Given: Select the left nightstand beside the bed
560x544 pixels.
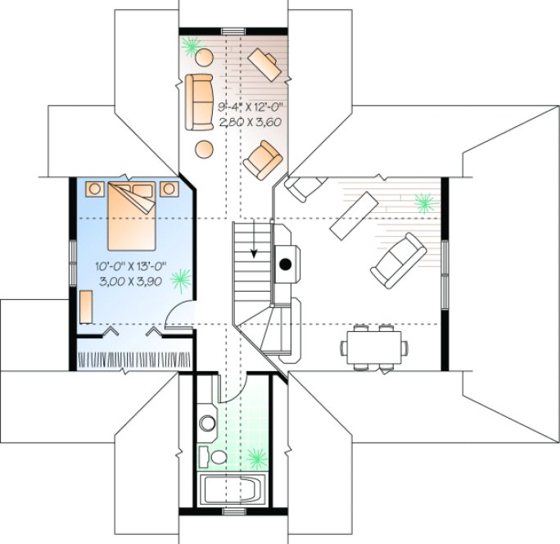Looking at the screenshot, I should [x=94, y=188].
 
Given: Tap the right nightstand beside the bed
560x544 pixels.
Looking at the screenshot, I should [x=170, y=188].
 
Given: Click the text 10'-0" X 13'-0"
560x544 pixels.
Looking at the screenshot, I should [x=131, y=265].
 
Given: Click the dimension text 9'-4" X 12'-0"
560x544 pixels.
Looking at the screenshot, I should [x=250, y=108].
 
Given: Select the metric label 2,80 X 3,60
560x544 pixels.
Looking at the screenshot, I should [x=250, y=122].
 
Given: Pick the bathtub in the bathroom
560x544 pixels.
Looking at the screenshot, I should [x=233, y=491].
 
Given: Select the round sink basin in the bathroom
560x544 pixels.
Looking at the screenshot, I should [x=208, y=424].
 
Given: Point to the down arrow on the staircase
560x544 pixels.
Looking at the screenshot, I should [x=255, y=252].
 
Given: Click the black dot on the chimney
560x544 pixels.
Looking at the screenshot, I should [x=286, y=264].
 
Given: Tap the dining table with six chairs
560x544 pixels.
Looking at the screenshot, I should [x=373, y=344].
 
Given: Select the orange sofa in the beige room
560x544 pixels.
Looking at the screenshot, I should [x=199, y=102].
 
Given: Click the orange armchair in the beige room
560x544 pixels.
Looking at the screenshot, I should [x=264, y=159].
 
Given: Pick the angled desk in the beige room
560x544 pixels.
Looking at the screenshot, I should [x=268, y=63].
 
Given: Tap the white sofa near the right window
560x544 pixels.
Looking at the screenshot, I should [x=398, y=259].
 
